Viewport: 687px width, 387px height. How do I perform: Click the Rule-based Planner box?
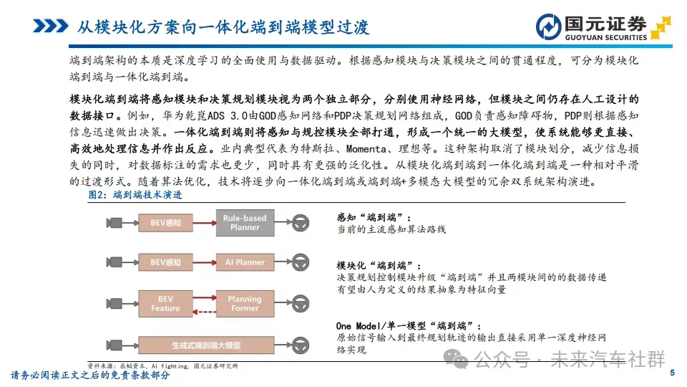[245, 223]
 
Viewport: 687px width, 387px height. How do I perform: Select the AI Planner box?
[245, 262]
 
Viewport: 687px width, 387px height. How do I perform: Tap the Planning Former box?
[245, 303]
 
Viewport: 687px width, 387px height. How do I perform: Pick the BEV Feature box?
[165, 303]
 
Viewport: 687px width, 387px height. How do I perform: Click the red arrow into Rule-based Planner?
[205, 223]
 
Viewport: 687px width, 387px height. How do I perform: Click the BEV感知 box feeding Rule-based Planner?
[165, 223]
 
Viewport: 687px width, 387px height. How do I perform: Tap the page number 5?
[672, 373]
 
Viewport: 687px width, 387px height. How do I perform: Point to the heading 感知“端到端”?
[374, 216]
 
